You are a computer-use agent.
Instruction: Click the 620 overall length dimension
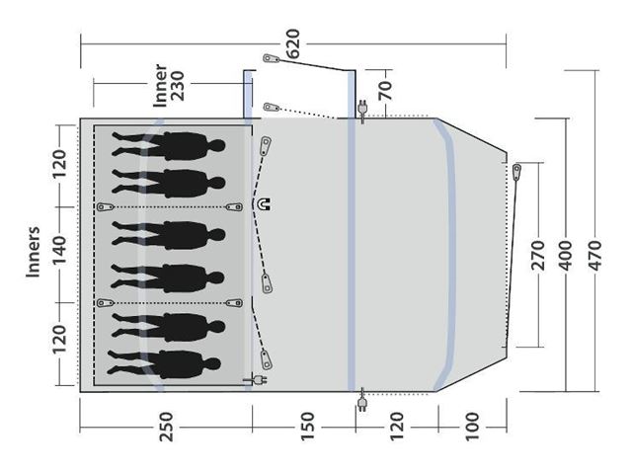click(x=293, y=43)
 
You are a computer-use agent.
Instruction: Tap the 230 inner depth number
click(x=178, y=86)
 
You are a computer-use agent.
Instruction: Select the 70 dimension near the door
click(x=385, y=90)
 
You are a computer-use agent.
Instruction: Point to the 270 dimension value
click(x=538, y=256)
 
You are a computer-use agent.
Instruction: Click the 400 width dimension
click(x=566, y=256)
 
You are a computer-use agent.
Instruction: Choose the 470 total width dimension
click(x=594, y=256)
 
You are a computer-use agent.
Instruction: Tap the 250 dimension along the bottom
click(x=166, y=427)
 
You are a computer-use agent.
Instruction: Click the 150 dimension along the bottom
click(x=307, y=427)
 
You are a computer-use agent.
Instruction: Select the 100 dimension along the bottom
click(x=472, y=427)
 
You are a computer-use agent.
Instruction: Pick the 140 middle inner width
click(x=59, y=250)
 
